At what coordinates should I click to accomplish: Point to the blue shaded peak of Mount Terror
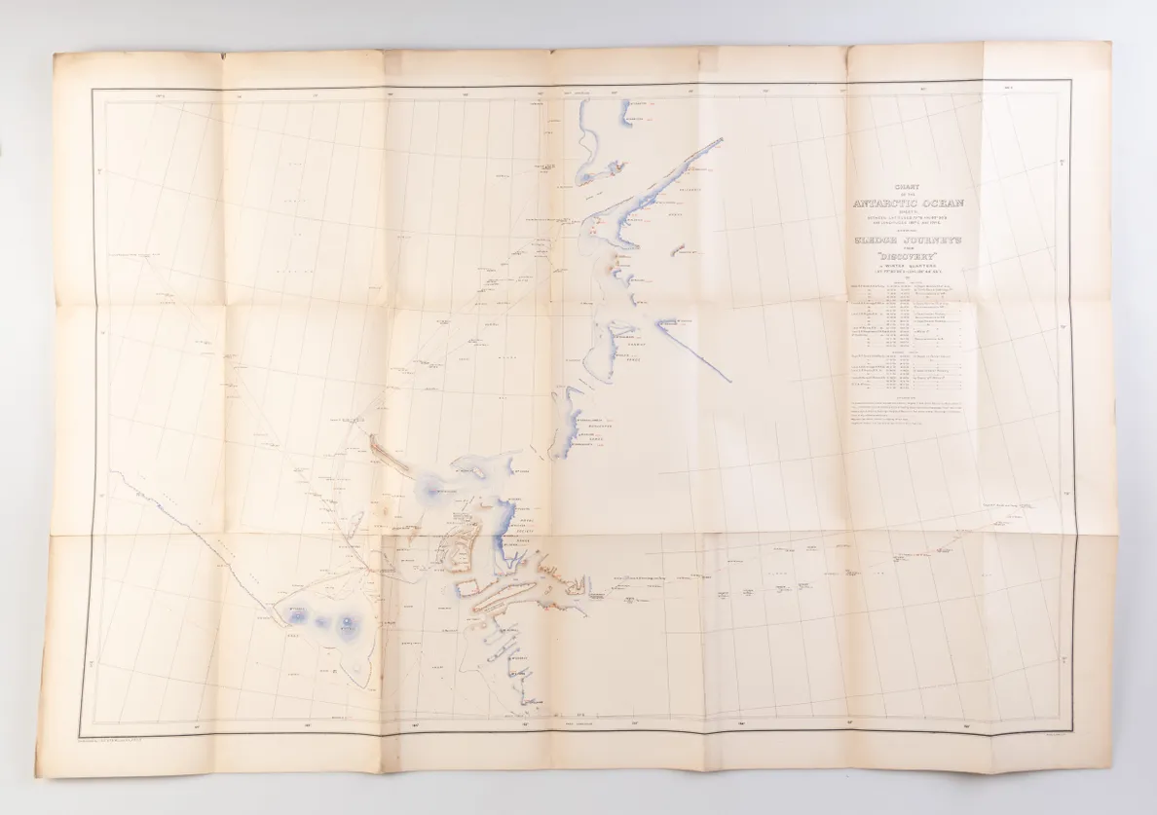tap(348, 627)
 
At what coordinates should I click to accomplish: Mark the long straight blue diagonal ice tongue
tap(693, 351)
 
